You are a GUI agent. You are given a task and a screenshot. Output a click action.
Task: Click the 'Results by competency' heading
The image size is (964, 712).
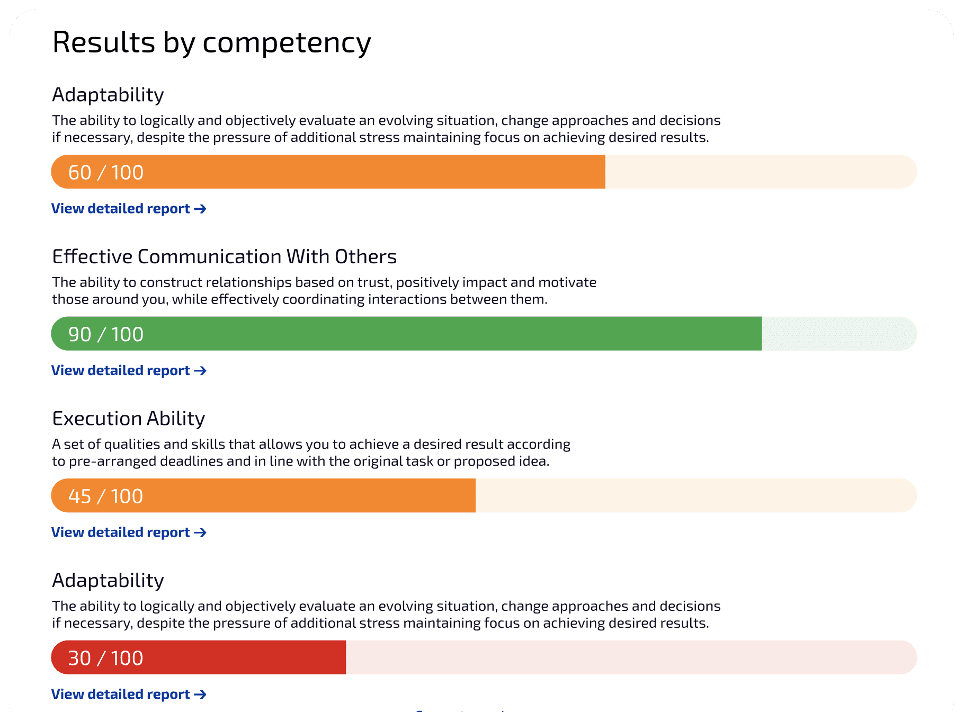tap(211, 42)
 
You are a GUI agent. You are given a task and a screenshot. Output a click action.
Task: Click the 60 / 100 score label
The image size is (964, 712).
tap(106, 173)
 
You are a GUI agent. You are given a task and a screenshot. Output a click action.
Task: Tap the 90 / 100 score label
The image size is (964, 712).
tap(106, 334)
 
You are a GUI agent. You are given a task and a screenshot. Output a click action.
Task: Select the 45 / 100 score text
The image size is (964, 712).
tap(106, 496)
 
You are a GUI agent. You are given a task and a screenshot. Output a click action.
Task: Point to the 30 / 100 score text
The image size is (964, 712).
tap(106, 658)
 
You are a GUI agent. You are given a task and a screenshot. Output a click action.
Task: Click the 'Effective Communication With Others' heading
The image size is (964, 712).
tap(224, 257)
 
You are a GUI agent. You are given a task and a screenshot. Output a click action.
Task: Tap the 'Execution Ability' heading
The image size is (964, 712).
tap(128, 419)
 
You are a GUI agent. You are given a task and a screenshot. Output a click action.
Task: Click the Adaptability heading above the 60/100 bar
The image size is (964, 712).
tap(108, 95)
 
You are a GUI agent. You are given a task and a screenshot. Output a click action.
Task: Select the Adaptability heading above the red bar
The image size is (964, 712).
tap(108, 581)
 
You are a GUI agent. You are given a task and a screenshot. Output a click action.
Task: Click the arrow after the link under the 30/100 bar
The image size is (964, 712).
tap(200, 695)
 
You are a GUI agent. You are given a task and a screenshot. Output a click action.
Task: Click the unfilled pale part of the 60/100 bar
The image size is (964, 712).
tap(760, 172)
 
